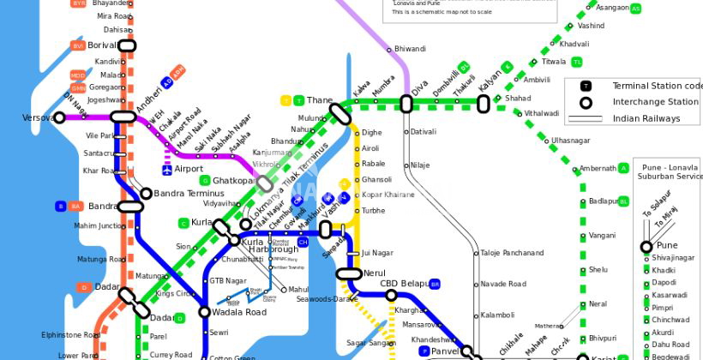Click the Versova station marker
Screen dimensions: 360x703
coord(59,117)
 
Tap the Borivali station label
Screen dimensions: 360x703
coord(101,45)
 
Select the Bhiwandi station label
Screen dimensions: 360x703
coord(410,49)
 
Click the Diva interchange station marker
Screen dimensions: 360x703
coord(406,104)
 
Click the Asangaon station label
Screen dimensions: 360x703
coord(612,8)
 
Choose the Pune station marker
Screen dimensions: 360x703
coord(646,247)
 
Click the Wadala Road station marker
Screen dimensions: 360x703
coord(205,312)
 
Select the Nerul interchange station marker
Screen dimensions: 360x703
coord(349,274)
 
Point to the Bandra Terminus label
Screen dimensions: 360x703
coord(189,194)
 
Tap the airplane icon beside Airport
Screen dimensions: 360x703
coord(166,169)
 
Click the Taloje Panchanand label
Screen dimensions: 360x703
coord(512,253)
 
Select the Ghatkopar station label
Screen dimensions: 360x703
coord(233,181)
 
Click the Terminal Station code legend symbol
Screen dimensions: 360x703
coord(586,86)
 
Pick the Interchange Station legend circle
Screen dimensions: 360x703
coord(586,102)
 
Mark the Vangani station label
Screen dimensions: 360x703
coord(602,235)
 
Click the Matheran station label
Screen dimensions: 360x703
coord(549,327)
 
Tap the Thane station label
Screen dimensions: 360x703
coord(319,100)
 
